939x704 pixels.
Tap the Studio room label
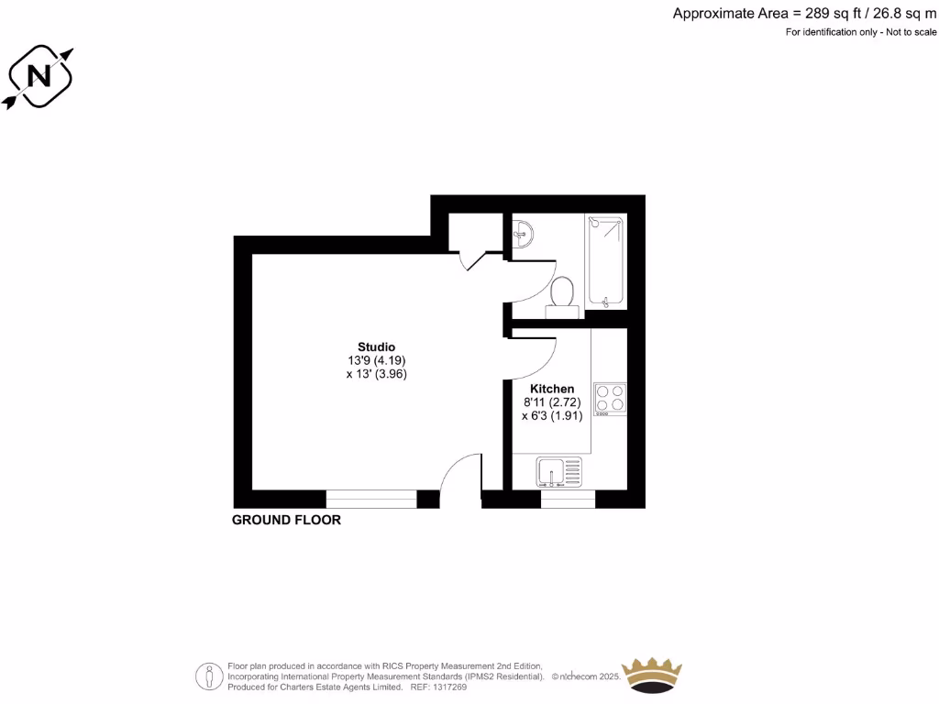click(x=376, y=347)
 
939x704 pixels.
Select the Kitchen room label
click(x=552, y=389)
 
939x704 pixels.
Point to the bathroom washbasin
click(x=523, y=233)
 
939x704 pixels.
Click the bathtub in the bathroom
click(x=606, y=261)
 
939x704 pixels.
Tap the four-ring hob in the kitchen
click(x=610, y=397)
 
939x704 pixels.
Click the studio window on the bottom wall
click(x=371, y=500)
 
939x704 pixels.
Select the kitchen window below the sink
click(x=568, y=500)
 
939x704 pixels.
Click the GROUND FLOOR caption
click(x=286, y=520)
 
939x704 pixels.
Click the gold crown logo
click(x=652, y=676)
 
